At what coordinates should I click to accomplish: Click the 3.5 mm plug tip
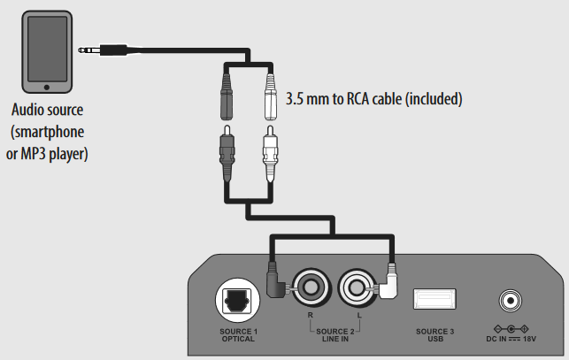(82, 52)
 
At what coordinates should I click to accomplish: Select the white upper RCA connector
(272, 93)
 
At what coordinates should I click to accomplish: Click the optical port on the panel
(238, 301)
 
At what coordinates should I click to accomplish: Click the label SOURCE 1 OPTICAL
(238, 334)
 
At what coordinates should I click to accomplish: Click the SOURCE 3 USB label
(434, 334)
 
